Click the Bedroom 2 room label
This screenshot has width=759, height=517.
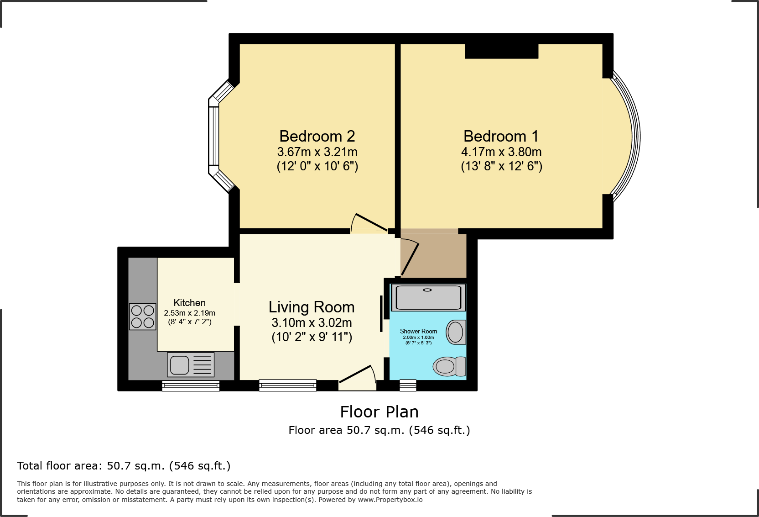[x=317, y=136]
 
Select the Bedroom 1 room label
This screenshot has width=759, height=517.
[x=501, y=136]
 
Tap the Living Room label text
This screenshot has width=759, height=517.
[x=312, y=307]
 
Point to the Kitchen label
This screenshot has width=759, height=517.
[x=189, y=303]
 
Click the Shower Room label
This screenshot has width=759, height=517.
[x=418, y=331]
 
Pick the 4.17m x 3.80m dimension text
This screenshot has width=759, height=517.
[x=501, y=152]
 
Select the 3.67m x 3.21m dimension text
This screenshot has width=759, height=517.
[x=317, y=152]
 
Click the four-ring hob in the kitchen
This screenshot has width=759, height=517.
[x=142, y=317]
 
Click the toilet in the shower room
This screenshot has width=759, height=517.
[x=449, y=366]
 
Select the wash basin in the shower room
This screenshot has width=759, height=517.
[x=455, y=332]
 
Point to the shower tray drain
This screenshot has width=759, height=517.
[x=427, y=290]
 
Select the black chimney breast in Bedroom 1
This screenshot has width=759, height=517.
[x=501, y=51]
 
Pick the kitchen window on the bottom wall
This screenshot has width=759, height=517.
[x=191, y=386]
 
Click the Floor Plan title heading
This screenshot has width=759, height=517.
[x=379, y=412]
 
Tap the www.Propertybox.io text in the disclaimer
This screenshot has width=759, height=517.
[x=390, y=500]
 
